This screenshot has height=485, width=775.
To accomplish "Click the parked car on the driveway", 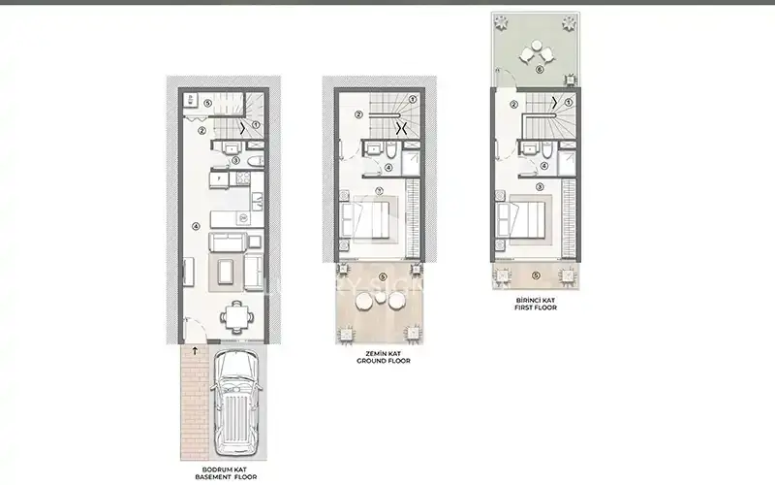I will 232,404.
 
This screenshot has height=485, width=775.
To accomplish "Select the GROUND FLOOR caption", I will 385,358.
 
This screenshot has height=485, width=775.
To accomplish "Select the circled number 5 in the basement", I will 208,100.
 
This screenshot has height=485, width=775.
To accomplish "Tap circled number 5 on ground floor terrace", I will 383,278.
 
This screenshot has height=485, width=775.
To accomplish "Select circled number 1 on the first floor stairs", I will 570,100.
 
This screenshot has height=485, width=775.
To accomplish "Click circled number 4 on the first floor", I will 540,168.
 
